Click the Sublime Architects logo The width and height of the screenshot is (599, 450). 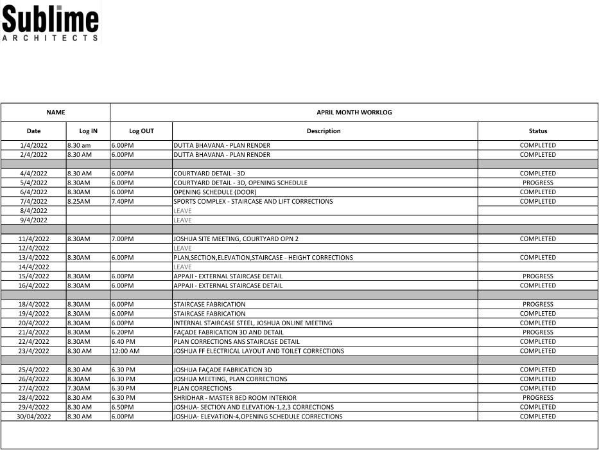51,24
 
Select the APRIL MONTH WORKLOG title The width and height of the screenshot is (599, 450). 354,113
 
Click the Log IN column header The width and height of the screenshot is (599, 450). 88,131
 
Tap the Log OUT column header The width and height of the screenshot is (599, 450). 141,131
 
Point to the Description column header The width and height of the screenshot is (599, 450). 324,131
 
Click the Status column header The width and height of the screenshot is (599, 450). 537,131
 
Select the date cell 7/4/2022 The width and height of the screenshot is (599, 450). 34,201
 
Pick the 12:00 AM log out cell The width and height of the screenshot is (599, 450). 125,351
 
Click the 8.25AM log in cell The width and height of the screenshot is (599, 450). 79,201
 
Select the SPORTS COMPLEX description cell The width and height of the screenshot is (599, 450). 253,201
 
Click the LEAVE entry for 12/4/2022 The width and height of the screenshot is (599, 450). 182,248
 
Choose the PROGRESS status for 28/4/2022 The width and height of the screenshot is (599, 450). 537,397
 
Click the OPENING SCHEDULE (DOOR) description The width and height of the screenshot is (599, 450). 215,192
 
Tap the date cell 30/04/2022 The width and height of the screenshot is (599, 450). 34,417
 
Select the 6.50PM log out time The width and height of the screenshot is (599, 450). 123,407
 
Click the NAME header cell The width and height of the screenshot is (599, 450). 56,113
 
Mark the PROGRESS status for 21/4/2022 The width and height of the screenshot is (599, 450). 537,332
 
